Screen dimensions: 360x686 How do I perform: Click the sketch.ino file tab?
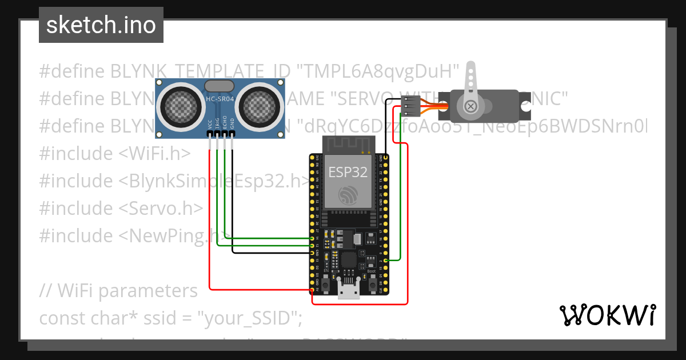click(101, 25)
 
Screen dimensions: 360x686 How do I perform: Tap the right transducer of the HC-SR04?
click(258, 106)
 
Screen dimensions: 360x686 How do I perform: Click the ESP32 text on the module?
click(348, 172)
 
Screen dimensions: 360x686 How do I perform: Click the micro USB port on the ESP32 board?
click(349, 291)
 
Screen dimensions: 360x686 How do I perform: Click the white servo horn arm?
click(470, 80)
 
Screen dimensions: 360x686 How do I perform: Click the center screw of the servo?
click(470, 106)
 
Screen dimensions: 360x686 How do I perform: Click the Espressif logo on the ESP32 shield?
click(348, 196)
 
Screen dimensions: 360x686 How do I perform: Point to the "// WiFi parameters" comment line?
click(118, 291)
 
